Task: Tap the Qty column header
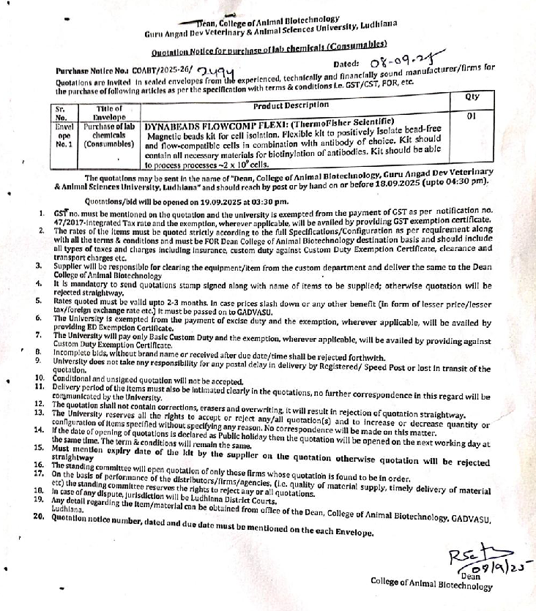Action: click(x=472, y=97)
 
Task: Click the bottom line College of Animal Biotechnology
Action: click(x=431, y=584)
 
